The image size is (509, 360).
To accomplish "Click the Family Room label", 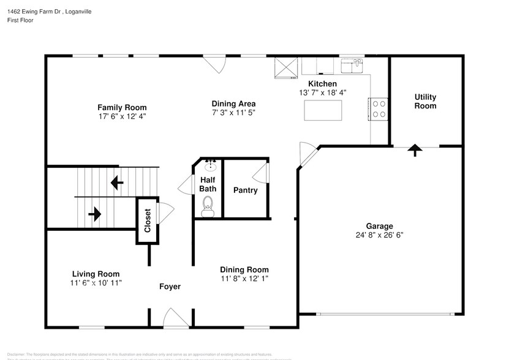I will pyautogui.click(x=123, y=107).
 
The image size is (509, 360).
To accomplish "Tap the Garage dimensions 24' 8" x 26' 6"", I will pyautogui.click(x=379, y=234).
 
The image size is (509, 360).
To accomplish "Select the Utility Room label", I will pyautogui.click(x=425, y=102).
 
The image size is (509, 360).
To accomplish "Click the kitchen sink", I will pyautogui.click(x=353, y=65).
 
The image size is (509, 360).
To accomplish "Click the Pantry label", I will pyautogui.click(x=245, y=190).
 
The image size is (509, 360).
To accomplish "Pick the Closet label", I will pyautogui.click(x=147, y=221).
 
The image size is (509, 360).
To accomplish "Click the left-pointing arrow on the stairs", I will pyautogui.click(x=116, y=182).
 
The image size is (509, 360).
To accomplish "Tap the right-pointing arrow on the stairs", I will pyautogui.click(x=95, y=214).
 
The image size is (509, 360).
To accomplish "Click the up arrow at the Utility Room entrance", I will pyautogui.click(x=415, y=149).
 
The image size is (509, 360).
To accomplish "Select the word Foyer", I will pyautogui.click(x=170, y=287).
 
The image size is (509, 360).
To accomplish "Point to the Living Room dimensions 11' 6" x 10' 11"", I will pyautogui.click(x=96, y=283).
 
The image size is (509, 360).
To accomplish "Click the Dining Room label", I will pyautogui.click(x=244, y=269).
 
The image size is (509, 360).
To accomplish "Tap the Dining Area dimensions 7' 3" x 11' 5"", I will pyautogui.click(x=233, y=113).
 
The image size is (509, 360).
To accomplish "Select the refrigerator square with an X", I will pyautogui.click(x=285, y=68).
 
